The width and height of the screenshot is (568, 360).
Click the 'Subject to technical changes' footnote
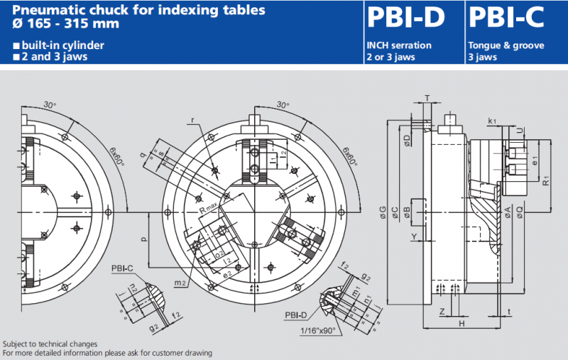(50, 344)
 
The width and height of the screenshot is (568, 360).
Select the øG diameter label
(383, 211)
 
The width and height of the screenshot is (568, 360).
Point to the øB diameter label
(406, 210)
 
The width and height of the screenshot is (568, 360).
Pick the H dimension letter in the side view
(461, 323)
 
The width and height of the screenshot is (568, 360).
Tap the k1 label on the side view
(493, 122)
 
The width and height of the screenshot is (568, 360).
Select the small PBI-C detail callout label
(121, 269)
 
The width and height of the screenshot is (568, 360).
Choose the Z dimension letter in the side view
(442, 311)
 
